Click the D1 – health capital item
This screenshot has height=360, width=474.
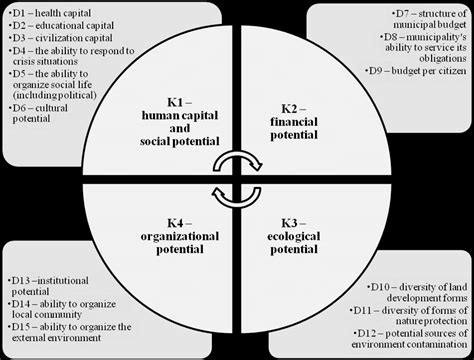tap(46, 11)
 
